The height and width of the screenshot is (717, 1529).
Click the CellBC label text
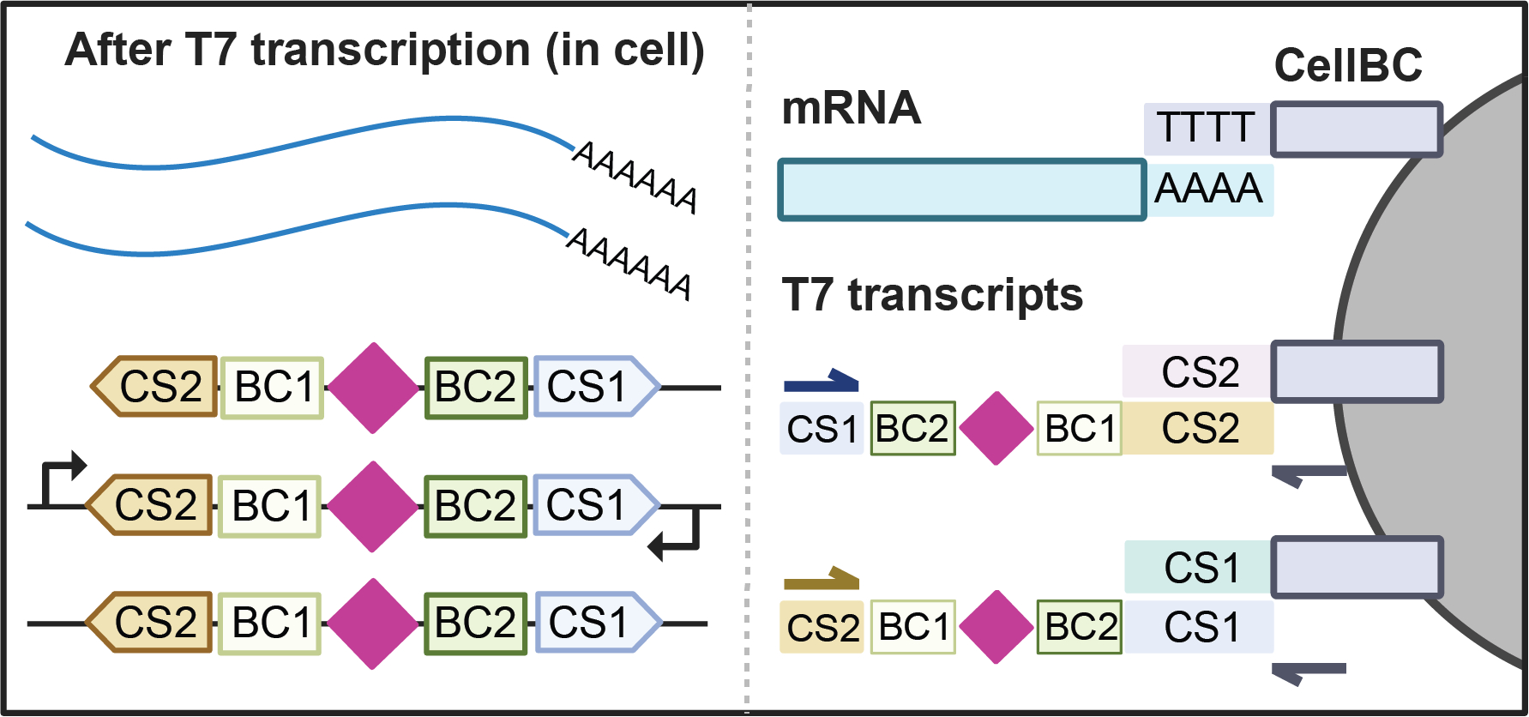tap(1348, 65)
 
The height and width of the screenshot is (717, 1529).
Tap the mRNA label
tap(851, 108)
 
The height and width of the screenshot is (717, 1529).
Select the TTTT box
tap(1206, 129)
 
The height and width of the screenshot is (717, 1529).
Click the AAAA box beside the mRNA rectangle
tap(1209, 189)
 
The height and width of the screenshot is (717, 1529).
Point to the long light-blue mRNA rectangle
tap(961, 190)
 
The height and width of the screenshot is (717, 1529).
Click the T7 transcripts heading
tap(932, 295)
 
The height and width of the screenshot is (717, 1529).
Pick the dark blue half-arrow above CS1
tap(821, 381)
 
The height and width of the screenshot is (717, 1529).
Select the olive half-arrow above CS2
tap(821, 579)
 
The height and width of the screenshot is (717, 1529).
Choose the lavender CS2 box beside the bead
tap(1197, 371)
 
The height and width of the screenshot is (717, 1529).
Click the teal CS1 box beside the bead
tap(1199, 567)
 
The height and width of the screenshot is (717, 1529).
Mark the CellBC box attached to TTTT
tap(1356, 130)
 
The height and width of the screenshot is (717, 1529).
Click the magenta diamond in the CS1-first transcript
tap(996, 428)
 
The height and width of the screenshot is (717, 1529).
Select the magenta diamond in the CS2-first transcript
tap(996, 627)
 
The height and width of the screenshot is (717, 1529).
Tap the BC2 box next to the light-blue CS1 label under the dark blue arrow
tap(912, 428)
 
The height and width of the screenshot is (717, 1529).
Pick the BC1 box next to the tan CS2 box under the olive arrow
tap(913, 627)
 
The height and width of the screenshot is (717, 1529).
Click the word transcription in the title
tap(391, 50)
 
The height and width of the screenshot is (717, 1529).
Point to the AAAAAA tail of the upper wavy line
tap(635, 177)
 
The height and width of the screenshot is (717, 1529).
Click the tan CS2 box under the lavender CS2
tap(1199, 428)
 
